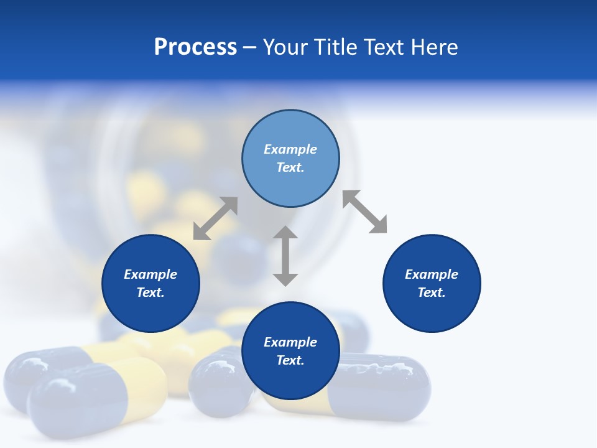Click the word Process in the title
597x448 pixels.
pyautogui.click(x=195, y=47)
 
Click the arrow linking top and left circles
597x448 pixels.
pyautogui.click(x=215, y=218)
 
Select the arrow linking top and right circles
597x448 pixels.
pyautogui.click(x=364, y=212)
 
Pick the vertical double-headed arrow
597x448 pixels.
pyautogui.click(x=285, y=256)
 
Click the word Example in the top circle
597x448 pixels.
pyautogui.click(x=290, y=149)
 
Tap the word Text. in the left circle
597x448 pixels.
pyautogui.click(x=150, y=292)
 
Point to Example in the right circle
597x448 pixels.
pyautogui.click(x=432, y=274)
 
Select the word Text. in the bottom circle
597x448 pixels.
pyautogui.click(x=290, y=360)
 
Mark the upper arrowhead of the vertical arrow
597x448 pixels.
pyautogui.click(x=285, y=234)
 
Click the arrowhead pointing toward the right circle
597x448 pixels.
pyautogui.click(x=377, y=225)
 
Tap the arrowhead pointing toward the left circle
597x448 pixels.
pyautogui.click(x=201, y=231)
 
